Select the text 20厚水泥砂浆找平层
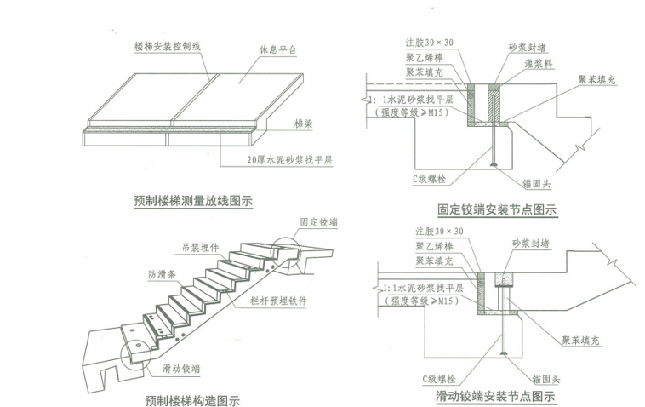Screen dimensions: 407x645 tap(270, 159)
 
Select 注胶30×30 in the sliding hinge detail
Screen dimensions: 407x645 tap(434, 231)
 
